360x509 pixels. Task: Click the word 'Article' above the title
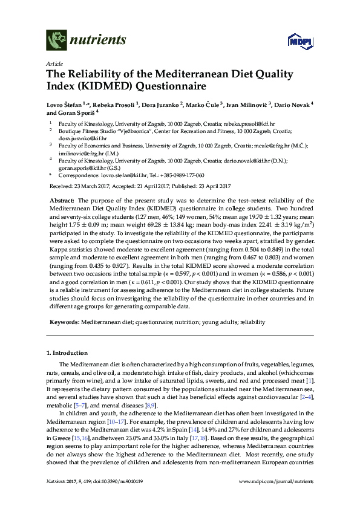tap(54, 63)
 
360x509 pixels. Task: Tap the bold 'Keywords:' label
tap(64, 323)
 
